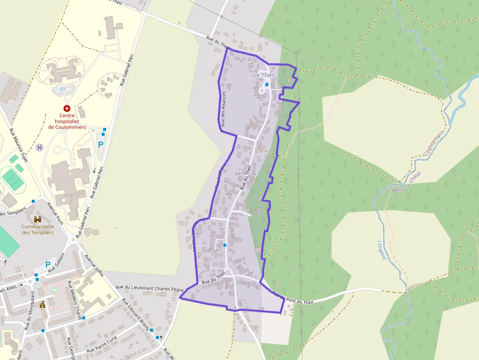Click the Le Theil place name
(264, 75)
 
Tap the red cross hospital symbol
(67, 108)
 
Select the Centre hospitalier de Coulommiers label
(67, 122)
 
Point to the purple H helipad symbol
(40, 147)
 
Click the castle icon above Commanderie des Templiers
(38, 218)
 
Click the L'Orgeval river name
(382, 250)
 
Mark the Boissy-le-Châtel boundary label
(406, 183)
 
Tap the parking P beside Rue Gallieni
(48, 265)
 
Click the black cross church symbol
(160, 337)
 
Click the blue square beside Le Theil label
(266, 85)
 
